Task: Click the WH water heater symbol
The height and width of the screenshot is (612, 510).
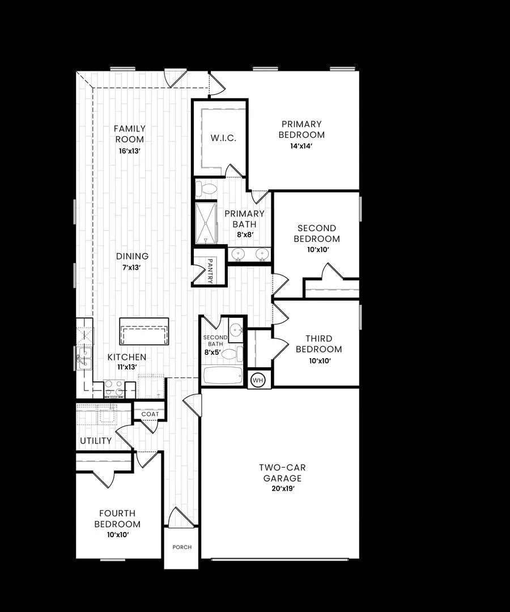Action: pos(258,379)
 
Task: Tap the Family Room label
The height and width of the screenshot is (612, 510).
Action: pos(130,134)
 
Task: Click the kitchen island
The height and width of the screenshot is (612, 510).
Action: pos(144,331)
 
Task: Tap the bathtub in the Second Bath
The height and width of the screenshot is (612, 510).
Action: pos(222,375)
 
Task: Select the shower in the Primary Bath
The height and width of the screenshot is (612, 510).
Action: pos(206,223)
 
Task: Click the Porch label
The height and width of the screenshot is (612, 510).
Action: pos(182,547)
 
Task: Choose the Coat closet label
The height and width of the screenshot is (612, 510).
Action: pos(150,414)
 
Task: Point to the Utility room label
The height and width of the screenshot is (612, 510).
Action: pos(96,440)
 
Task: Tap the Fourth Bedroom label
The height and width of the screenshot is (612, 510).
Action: pos(117,518)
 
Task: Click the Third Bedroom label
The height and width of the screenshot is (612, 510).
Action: pos(318,344)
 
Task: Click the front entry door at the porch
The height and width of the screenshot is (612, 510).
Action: pos(181,518)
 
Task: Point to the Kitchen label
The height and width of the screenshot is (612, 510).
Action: pos(127,357)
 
